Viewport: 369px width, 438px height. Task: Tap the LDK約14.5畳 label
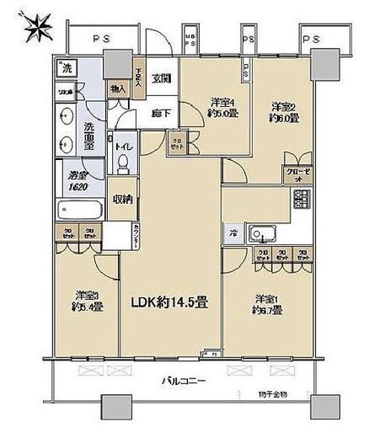(168, 303)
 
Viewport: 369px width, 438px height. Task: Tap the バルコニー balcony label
(184, 382)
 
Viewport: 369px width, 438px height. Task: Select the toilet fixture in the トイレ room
(122, 159)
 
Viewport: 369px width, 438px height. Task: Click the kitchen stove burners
(301, 200)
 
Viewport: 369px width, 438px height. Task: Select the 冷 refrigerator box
(231, 233)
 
